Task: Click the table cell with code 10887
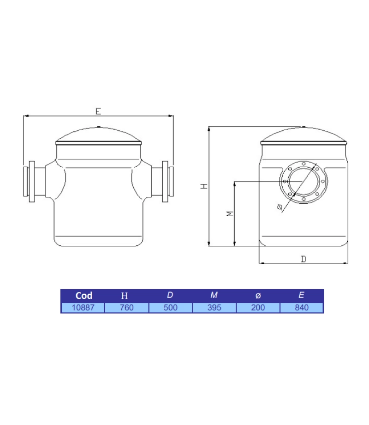[x=83, y=308]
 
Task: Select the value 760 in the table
[x=126, y=308]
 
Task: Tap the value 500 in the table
[x=170, y=308]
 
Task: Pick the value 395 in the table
[x=214, y=308]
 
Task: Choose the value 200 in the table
[x=257, y=308]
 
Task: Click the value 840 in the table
[x=301, y=308]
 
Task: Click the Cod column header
[x=83, y=296]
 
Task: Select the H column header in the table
[x=126, y=296]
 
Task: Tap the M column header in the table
[x=214, y=296]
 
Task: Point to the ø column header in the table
[x=257, y=296]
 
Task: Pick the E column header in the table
[x=301, y=296]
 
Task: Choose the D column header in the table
[x=170, y=296]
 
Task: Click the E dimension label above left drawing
[x=98, y=111]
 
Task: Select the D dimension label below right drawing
[x=303, y=259]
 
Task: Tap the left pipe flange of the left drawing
[x=30, y=182]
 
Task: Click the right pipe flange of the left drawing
[x=167, y=182]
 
